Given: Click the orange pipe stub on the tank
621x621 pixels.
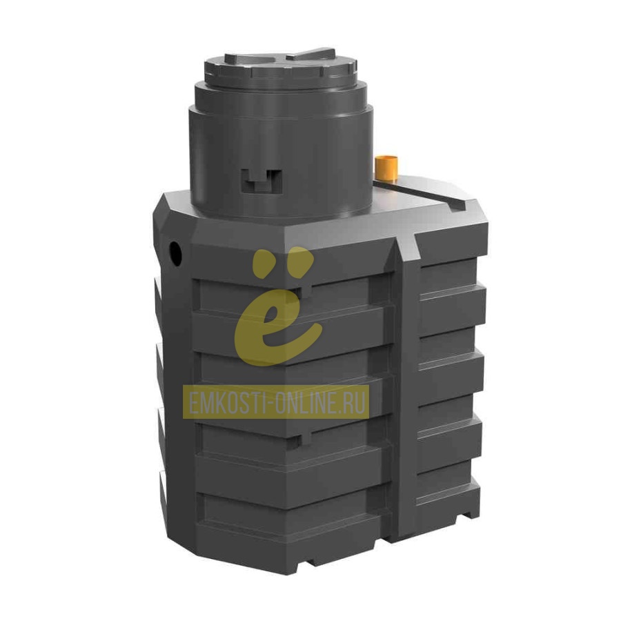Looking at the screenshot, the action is (386, 168).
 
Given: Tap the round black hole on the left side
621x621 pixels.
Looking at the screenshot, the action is (175, 253).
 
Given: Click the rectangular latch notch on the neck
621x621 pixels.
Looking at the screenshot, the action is (262, 181).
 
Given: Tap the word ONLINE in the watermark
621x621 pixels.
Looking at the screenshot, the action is (308, 402).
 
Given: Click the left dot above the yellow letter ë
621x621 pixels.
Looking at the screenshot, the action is (264, 261).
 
